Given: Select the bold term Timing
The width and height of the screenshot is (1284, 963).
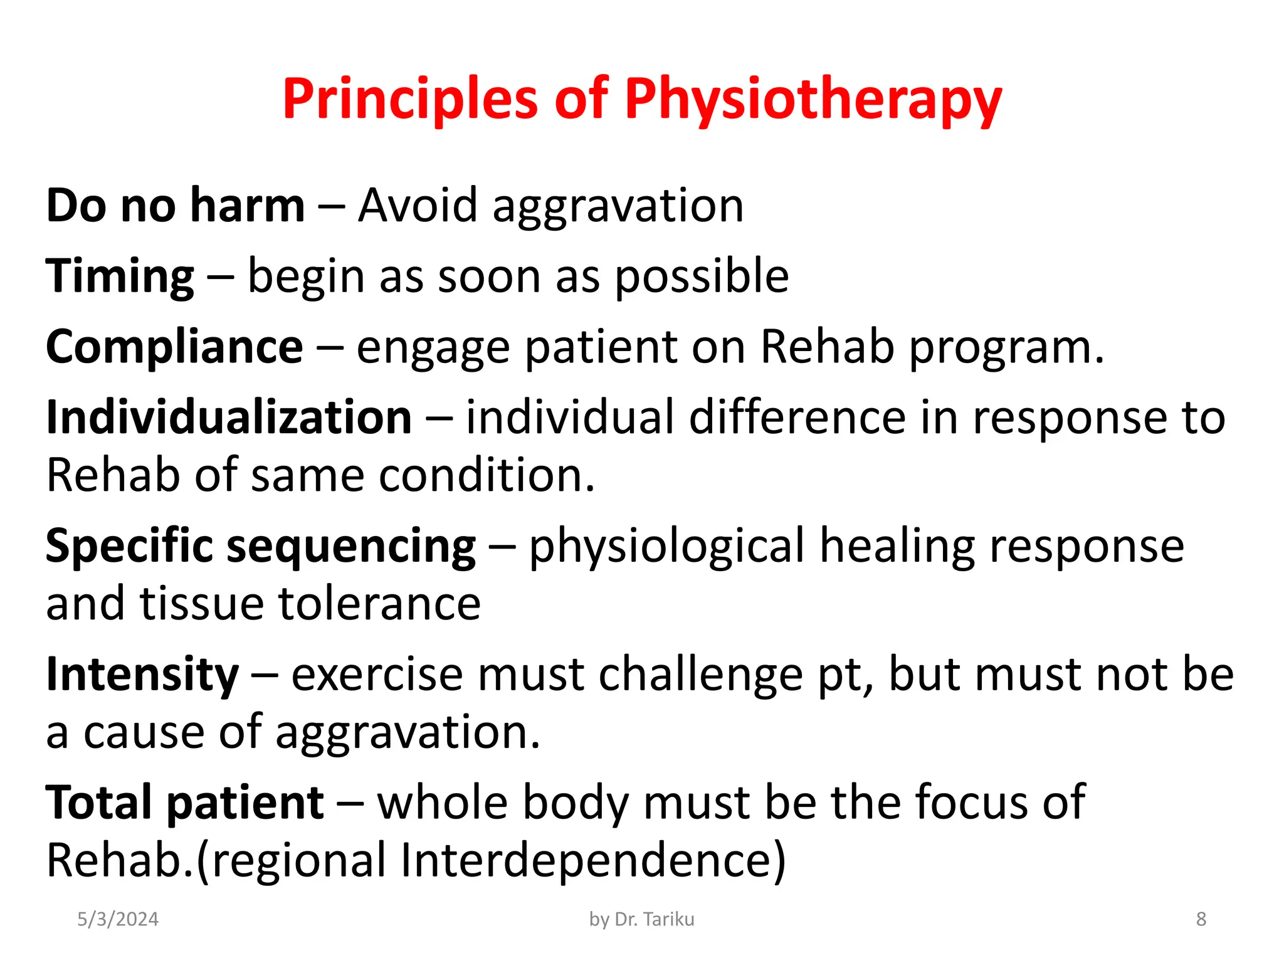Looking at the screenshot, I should tap(120, 276).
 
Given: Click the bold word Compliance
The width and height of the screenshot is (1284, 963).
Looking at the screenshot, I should tap(174, 347).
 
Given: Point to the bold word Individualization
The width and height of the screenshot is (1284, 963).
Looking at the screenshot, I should tap(229, 418).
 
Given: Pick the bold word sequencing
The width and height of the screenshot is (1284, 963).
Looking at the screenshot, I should tap(351, 547).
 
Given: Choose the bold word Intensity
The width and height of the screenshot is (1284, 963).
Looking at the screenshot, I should tap(142, 675).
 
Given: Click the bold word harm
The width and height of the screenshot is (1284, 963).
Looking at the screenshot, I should tap(248, 206).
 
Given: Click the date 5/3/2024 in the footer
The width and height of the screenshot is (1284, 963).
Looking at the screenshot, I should tap(118, 919).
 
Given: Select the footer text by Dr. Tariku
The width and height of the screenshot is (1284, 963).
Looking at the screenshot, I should tap(641, 919).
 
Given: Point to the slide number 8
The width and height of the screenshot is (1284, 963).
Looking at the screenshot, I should tap(1201, 919).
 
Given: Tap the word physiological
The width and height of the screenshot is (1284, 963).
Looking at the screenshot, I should tap(666, 547).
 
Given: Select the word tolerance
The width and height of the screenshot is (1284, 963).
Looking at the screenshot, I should tap(379, 604).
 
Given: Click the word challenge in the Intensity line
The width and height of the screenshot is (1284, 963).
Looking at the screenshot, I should tap(700, 675).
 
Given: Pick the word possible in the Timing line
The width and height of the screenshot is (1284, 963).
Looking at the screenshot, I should tap(701, 276).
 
